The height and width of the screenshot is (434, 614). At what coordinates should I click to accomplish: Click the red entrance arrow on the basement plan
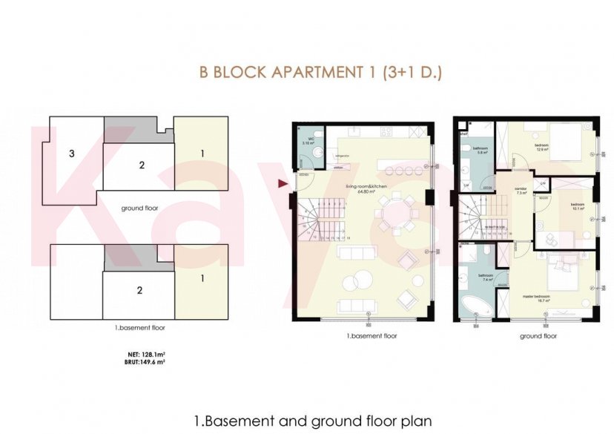pyautogui.click(x=282, y=183)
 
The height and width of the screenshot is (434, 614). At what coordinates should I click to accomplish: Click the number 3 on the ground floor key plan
pyautogui.click(x=71, y=154)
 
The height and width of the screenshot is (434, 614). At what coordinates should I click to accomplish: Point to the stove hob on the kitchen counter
pyautogui.click(x=387, y=132)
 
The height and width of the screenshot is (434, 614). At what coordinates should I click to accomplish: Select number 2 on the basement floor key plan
pyautogui.click(x=139, y=290)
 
